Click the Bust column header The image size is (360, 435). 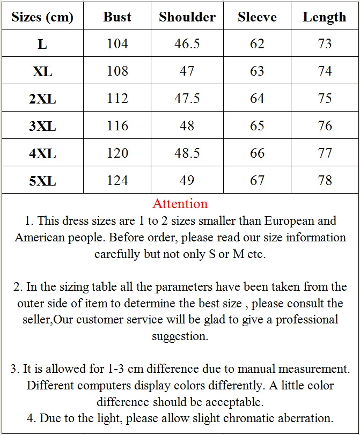(x=117, y=17)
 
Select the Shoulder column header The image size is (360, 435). (x=187, y=17)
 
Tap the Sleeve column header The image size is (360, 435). (x=257, y=17)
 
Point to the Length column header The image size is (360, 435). (x=325, y=17)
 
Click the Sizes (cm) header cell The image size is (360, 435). (x=42, y=17)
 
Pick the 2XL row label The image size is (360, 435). (x=42, y=99)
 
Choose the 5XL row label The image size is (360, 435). (x=42, y=181)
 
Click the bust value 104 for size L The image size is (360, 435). (x=117, y=43)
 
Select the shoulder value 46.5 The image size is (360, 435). (x=187, y=43)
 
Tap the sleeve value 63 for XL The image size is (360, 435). (x=257, y=71)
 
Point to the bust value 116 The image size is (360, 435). (x=117, y=126)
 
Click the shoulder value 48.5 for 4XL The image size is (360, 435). (x=187, y=153)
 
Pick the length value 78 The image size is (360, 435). (x=325, y=181)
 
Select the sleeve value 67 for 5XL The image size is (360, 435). (x=257, y=181)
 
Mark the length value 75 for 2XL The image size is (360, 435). (x=325, y=99)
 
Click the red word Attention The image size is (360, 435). (x=180, y=204)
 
